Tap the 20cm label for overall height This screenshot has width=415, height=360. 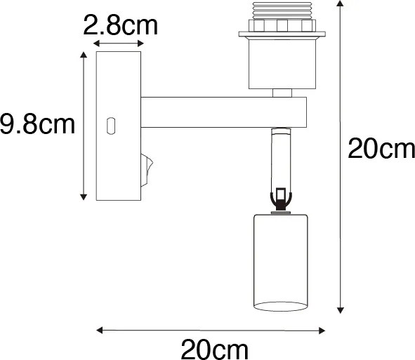coord(381,149)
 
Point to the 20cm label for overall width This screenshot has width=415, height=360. coord(215,348)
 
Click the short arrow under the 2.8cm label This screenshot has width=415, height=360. coord(117,44)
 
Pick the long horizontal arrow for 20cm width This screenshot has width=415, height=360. coord(211,329)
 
